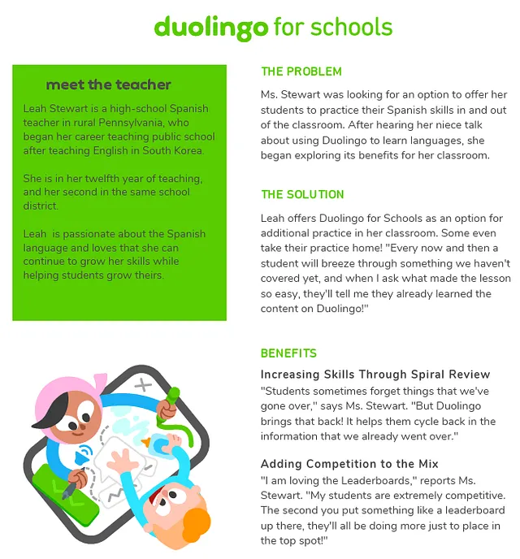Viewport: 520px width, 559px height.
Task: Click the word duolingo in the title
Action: pyautogui.click(x=210, y=27)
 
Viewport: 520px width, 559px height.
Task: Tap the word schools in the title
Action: pyautogui.click(x=351, y=27)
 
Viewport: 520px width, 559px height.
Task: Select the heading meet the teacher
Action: pyautogui.click(x=108, y=84)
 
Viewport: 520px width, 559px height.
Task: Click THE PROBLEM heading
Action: pyautogui.click(x=301, y=71)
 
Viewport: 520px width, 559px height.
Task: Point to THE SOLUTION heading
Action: pyautogui.click(x=302, y=195)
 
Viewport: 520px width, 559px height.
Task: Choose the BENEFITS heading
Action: pyautogui.click(x=288, y=353)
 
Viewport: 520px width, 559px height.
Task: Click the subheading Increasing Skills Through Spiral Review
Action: pyautogui.click(x=375, y=375)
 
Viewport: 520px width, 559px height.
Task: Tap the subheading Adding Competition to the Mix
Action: pyautogui.click(x=349, y=464)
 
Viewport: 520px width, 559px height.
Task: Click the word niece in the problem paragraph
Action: pyautogui.click(x=442, y=125)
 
